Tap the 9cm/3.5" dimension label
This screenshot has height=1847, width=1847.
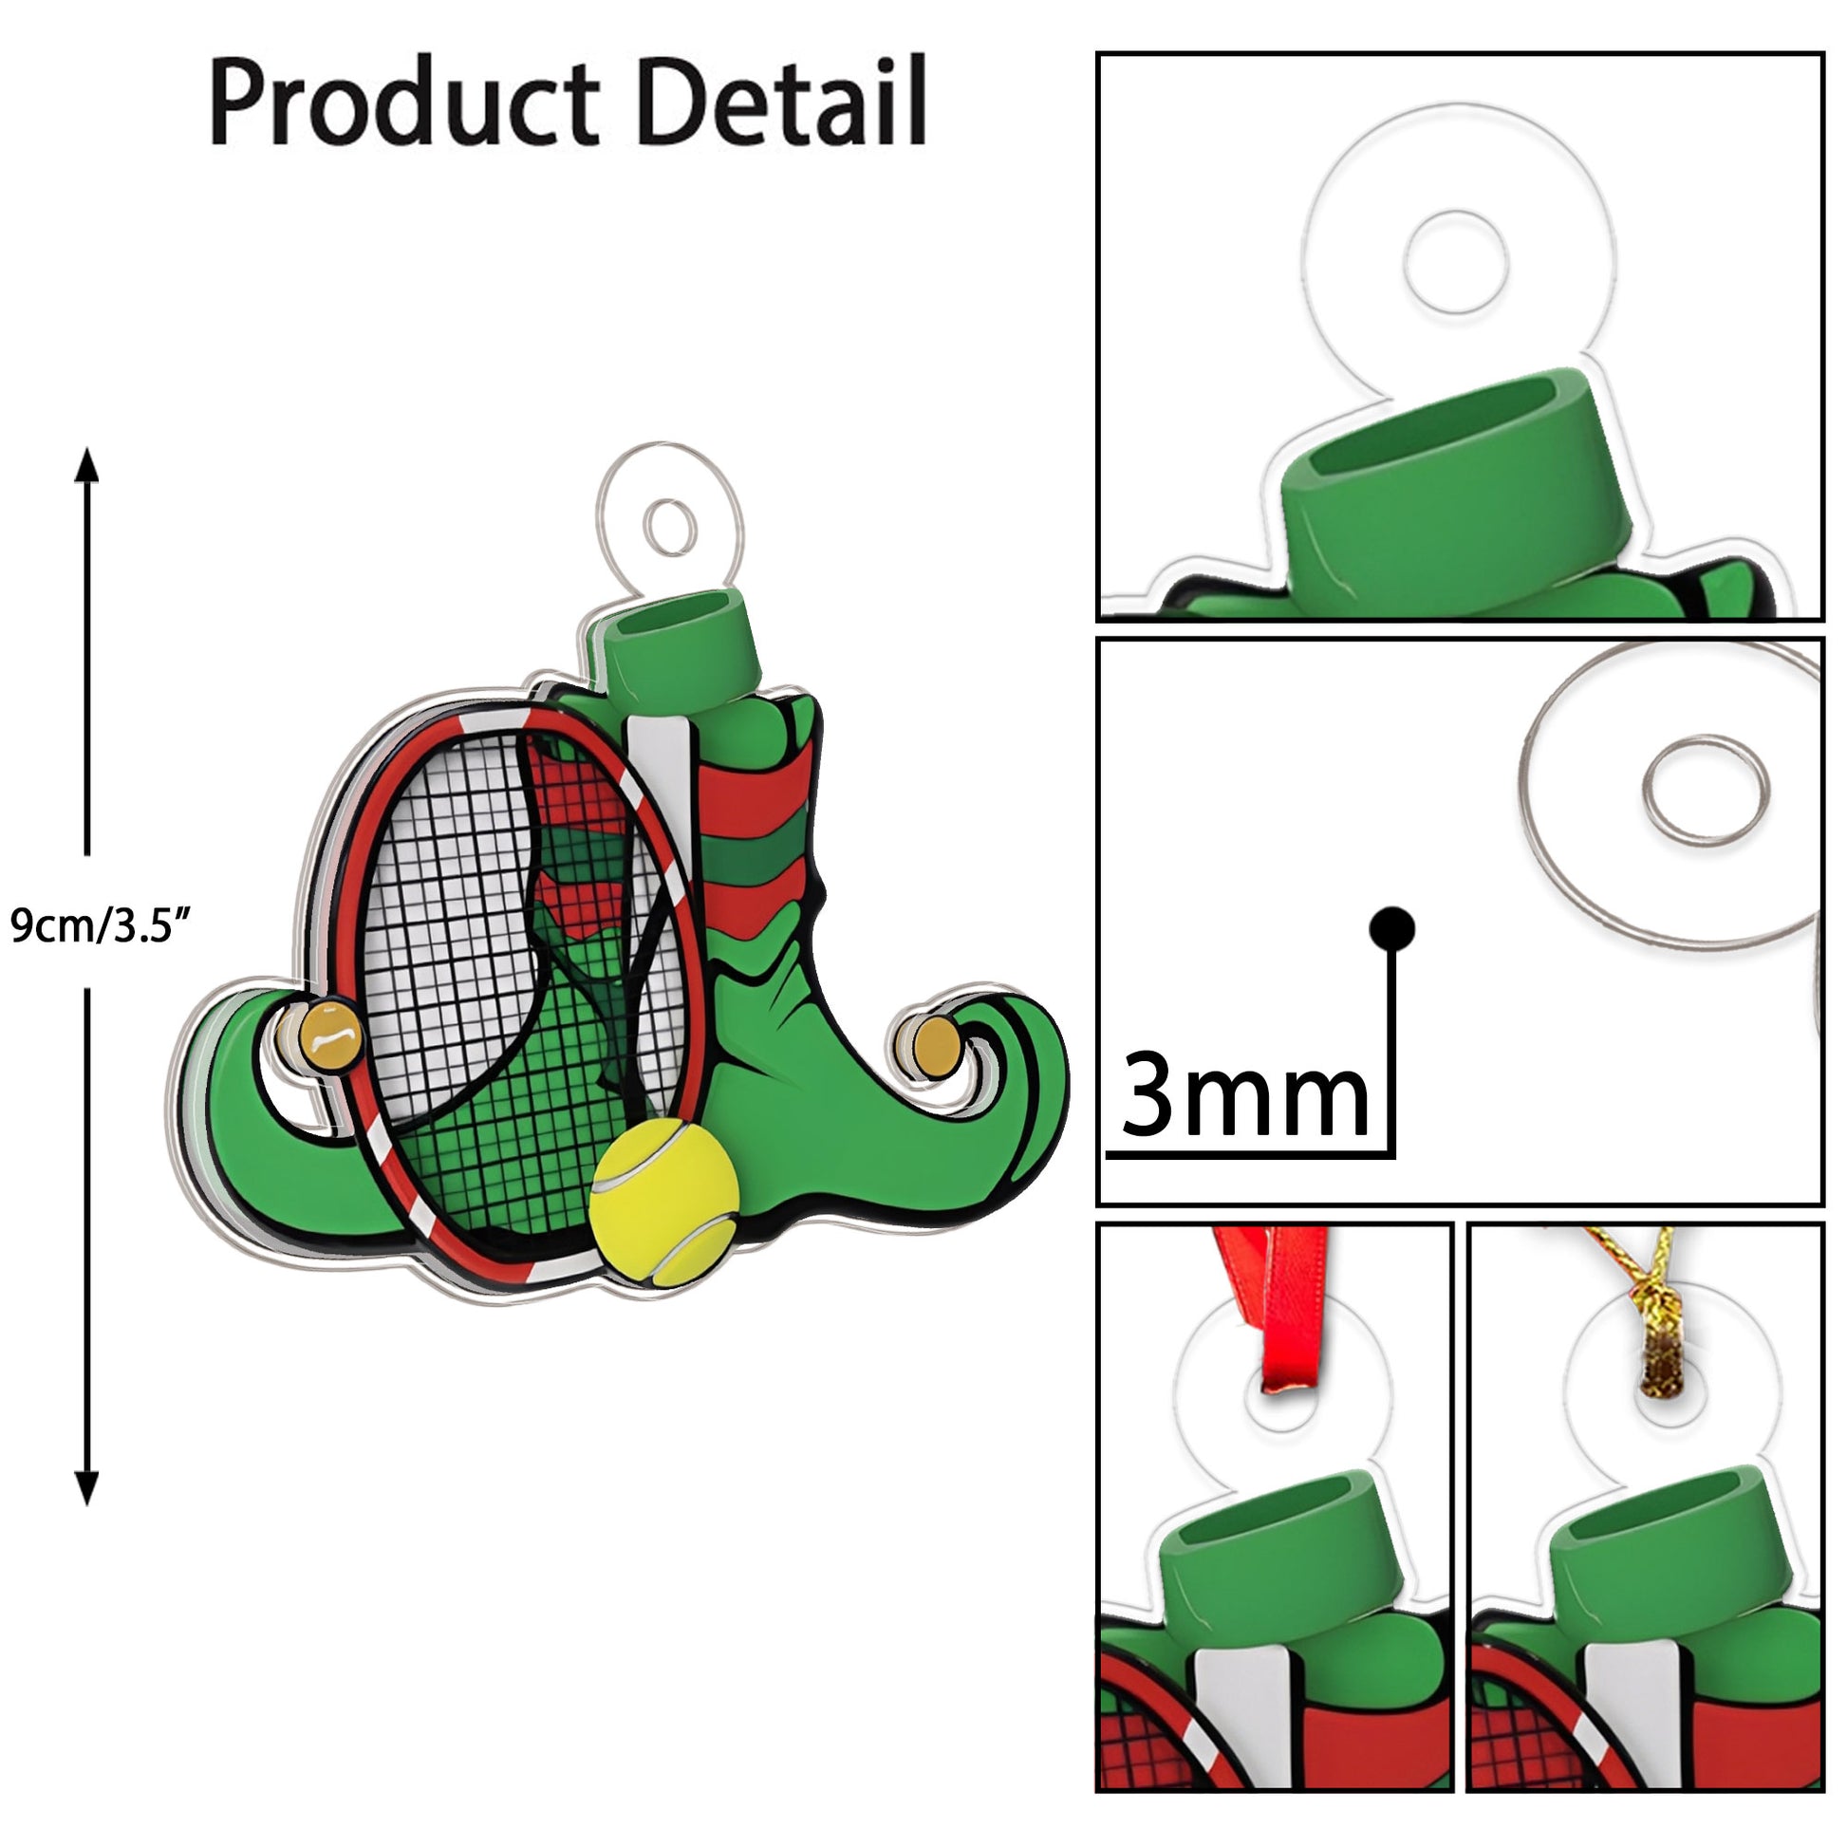pos(101,925)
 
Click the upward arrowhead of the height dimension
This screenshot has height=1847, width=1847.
pos(87,466)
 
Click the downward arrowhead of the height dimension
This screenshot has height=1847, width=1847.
pos(87,1487)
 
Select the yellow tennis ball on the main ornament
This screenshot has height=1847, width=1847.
pos(663,1202)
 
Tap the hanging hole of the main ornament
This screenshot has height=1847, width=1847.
pos(670,526)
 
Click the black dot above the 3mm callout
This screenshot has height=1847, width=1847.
pos(1391,927)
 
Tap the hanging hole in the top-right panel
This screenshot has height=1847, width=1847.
pos(1455,262)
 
